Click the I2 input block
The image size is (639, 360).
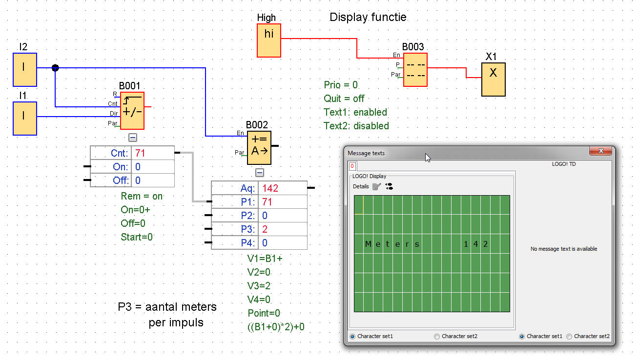[25, 70]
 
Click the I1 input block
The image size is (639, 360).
[25, 118]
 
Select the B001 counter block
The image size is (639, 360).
[132, 111]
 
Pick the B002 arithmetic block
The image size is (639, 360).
[259, 148]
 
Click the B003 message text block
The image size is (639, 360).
[415, 70]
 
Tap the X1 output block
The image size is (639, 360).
[494, 80]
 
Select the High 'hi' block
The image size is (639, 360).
[268, 40]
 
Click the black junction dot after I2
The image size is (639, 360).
[55, 68]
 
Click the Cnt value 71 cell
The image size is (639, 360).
[153, 153]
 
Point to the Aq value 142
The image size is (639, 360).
[270, 188]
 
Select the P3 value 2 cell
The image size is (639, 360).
[283, 229]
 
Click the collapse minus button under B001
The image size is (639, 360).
[133, 138]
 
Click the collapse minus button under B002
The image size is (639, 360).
[260, 173]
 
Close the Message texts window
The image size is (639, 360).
[601, 151]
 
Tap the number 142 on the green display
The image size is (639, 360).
[475, 244]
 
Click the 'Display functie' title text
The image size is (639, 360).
[368, 17]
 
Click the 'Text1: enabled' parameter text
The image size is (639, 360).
[355, 112]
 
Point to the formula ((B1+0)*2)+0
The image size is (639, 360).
[276, 327]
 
